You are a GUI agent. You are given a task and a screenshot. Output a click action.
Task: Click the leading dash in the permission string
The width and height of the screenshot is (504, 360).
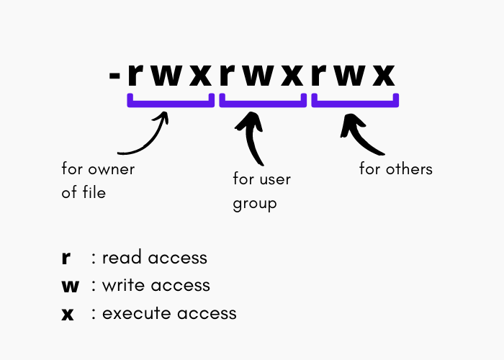[114, 76]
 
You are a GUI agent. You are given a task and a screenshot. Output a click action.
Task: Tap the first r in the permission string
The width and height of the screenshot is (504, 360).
[135, 75]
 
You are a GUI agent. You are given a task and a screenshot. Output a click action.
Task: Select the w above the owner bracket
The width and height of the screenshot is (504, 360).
[166, 76]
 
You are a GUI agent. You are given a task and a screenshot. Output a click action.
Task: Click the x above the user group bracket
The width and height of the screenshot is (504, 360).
[292, 76]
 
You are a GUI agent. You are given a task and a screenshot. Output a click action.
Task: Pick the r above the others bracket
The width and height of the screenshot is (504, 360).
[319, 75]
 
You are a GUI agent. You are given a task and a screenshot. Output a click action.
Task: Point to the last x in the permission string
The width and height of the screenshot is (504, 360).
[384, 76]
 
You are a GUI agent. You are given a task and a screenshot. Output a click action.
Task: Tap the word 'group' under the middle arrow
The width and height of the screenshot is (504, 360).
[255, 204]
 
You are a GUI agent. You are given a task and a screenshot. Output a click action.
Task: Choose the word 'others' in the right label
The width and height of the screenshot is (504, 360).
[409, 168]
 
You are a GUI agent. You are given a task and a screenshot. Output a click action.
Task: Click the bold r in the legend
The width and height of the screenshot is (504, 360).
[66, 258]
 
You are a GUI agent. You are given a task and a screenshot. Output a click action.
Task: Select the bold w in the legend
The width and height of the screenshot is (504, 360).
[70, 286]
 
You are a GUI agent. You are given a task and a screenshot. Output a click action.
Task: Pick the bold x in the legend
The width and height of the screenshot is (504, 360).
[68, 314]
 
